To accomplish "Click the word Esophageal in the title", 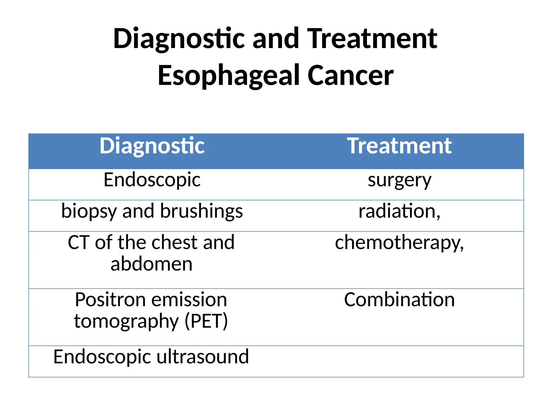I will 228,76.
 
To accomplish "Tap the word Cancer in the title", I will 350,76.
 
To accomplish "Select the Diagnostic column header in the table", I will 152,146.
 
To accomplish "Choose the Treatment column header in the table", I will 399,146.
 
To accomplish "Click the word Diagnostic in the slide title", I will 179,39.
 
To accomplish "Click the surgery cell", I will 399,180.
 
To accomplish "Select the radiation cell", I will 399,211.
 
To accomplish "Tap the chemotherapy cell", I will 399,243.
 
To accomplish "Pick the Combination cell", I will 399,300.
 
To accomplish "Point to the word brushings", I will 201,211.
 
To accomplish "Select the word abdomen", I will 151,264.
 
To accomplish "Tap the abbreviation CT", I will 79,242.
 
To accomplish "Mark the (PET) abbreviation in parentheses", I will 206,321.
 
